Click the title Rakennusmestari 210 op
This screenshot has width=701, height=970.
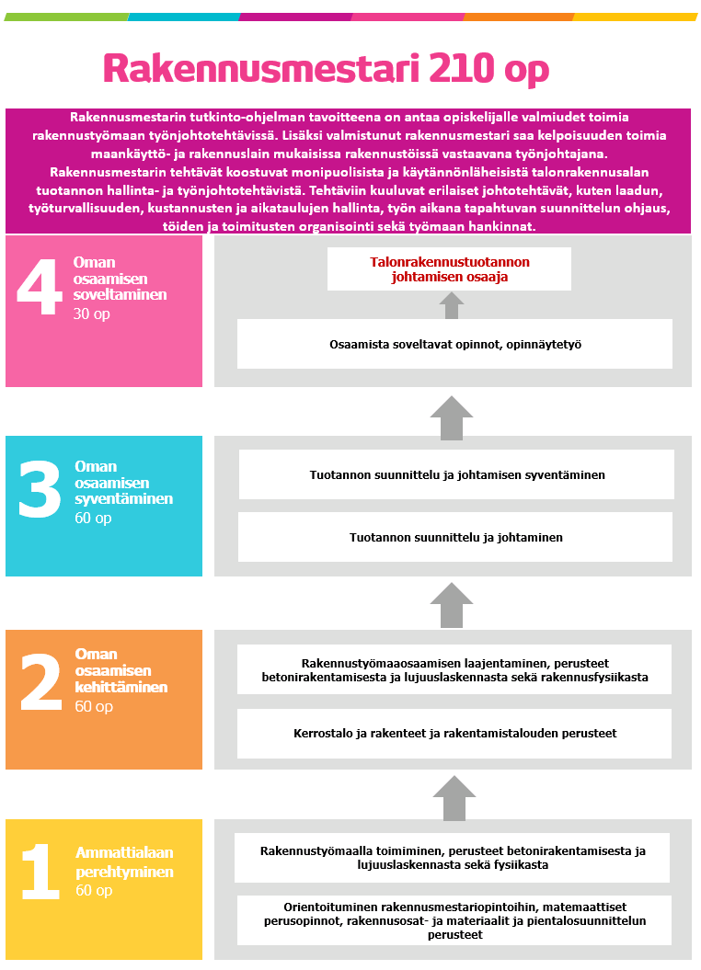point(326,70)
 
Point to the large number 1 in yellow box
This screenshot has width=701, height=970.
point(40,872)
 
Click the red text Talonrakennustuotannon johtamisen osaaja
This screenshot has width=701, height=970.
point(450,268)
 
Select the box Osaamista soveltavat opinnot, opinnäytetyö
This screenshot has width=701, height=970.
point(454,344)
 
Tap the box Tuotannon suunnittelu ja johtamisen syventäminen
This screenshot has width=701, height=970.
point(456,474)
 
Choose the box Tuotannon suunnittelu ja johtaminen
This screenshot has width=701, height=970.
point(455,537)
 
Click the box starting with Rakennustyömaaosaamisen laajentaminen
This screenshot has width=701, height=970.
point(454,669)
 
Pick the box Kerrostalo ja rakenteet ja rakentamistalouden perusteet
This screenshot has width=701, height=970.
point(454,733)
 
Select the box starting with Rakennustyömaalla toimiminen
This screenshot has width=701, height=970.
point(452,857)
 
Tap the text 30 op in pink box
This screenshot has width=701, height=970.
point(91,314)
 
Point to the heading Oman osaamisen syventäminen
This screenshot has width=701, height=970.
point(112,483)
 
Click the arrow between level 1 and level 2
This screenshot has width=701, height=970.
point(452,797)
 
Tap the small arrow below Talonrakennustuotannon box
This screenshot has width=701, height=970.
point(451,305)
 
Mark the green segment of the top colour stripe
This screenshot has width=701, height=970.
point(66,17)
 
